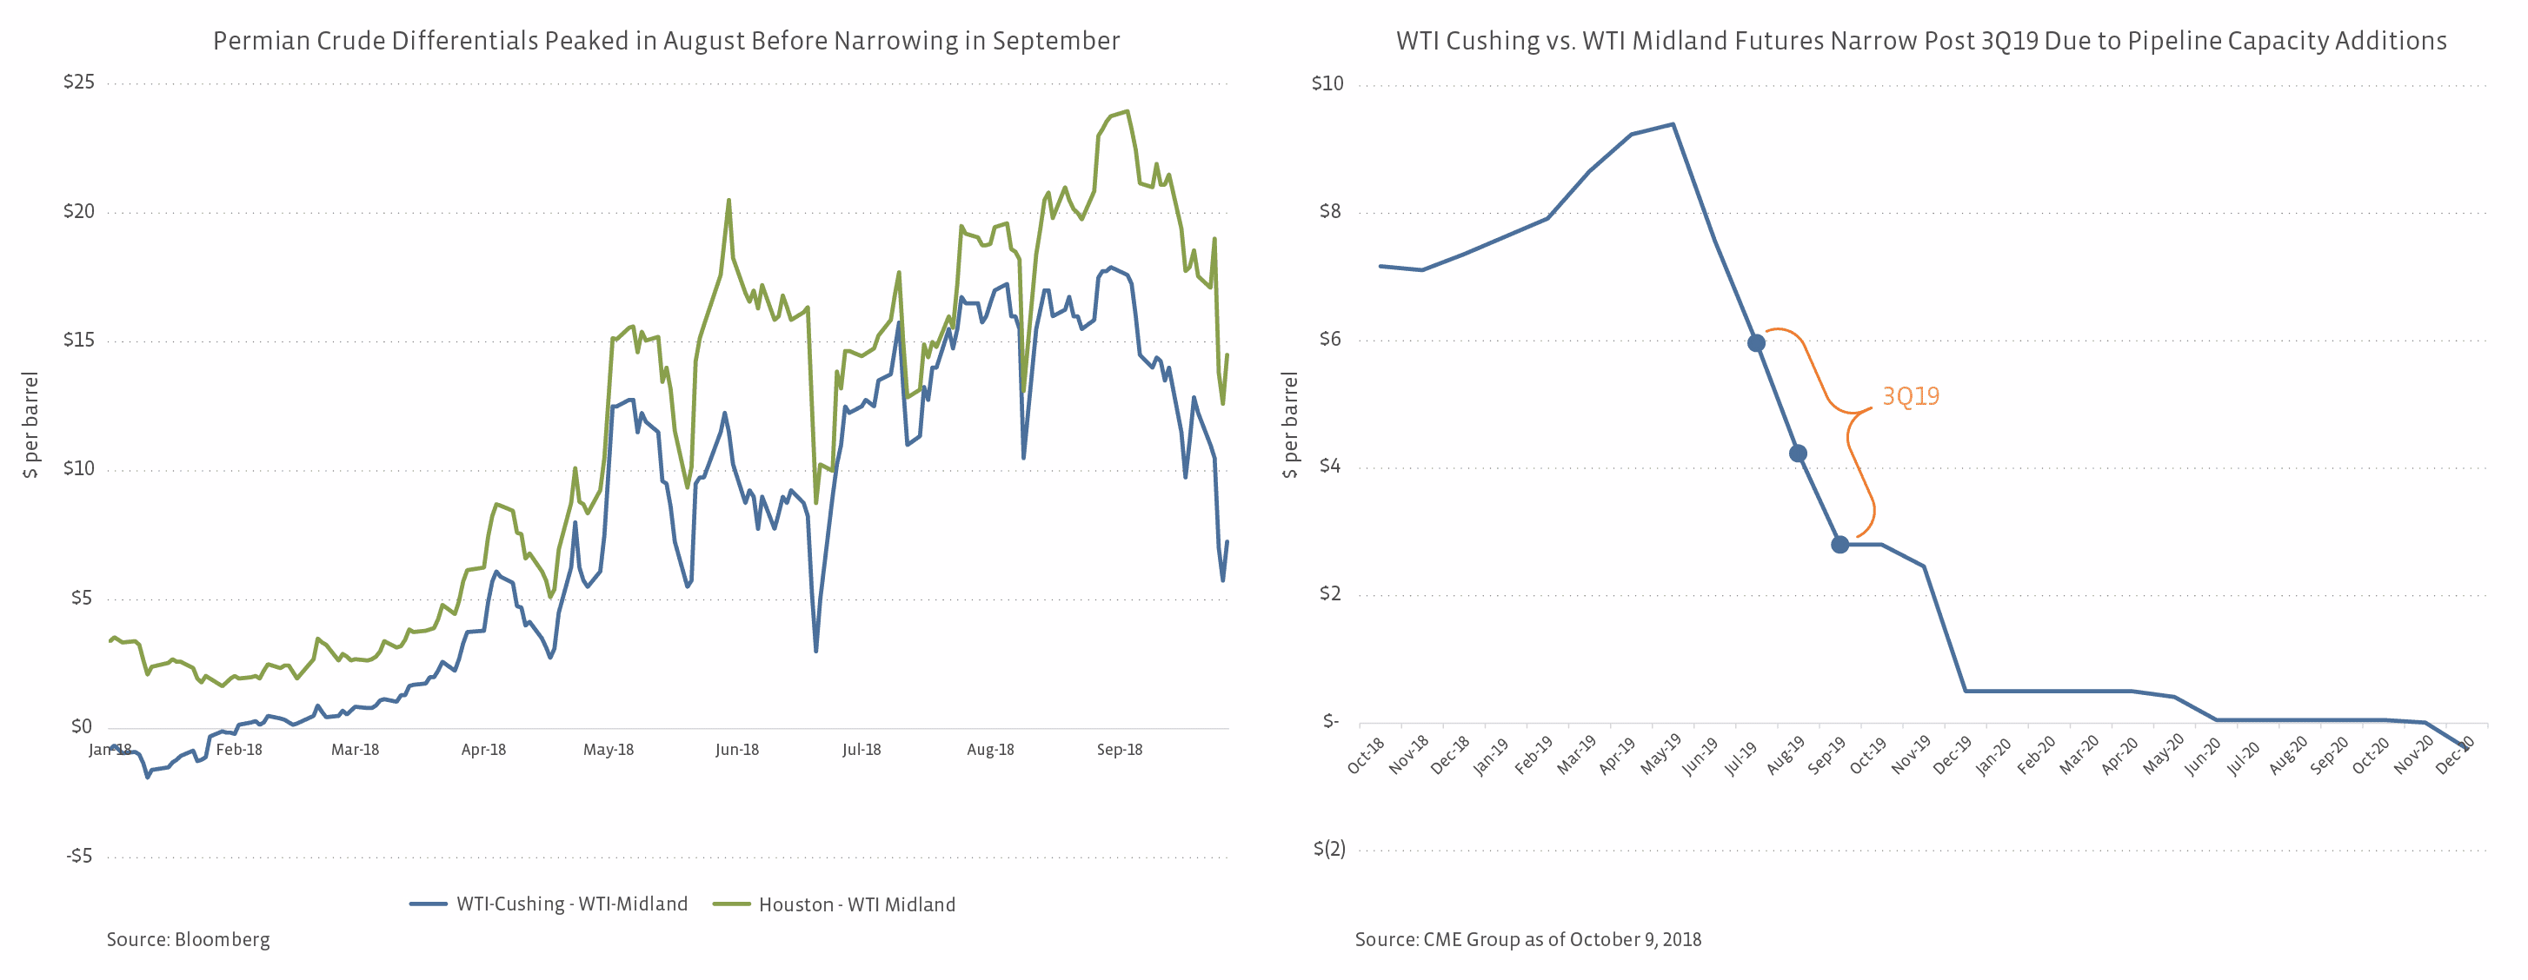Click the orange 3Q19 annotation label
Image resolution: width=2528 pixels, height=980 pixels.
1910,396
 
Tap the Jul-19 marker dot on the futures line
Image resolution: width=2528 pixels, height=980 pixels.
1756,342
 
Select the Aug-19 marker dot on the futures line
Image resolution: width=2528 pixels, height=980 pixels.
1798,454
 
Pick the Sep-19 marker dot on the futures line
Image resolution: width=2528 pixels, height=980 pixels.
1840,545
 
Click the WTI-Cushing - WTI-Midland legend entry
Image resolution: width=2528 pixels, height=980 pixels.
549,904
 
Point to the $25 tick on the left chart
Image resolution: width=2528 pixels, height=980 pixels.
79,83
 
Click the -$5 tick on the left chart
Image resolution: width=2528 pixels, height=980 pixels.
79,857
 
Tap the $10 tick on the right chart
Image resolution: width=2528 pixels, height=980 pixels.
1327,84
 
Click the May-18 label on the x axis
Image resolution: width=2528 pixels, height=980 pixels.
609,751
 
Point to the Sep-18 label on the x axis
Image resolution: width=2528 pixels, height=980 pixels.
1120,751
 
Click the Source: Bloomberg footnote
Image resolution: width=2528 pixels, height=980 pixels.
189,940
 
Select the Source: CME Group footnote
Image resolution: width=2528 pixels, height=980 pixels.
1528,940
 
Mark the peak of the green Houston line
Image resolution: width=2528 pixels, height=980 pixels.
1128,112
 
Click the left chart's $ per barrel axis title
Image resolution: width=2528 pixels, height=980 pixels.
31,425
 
